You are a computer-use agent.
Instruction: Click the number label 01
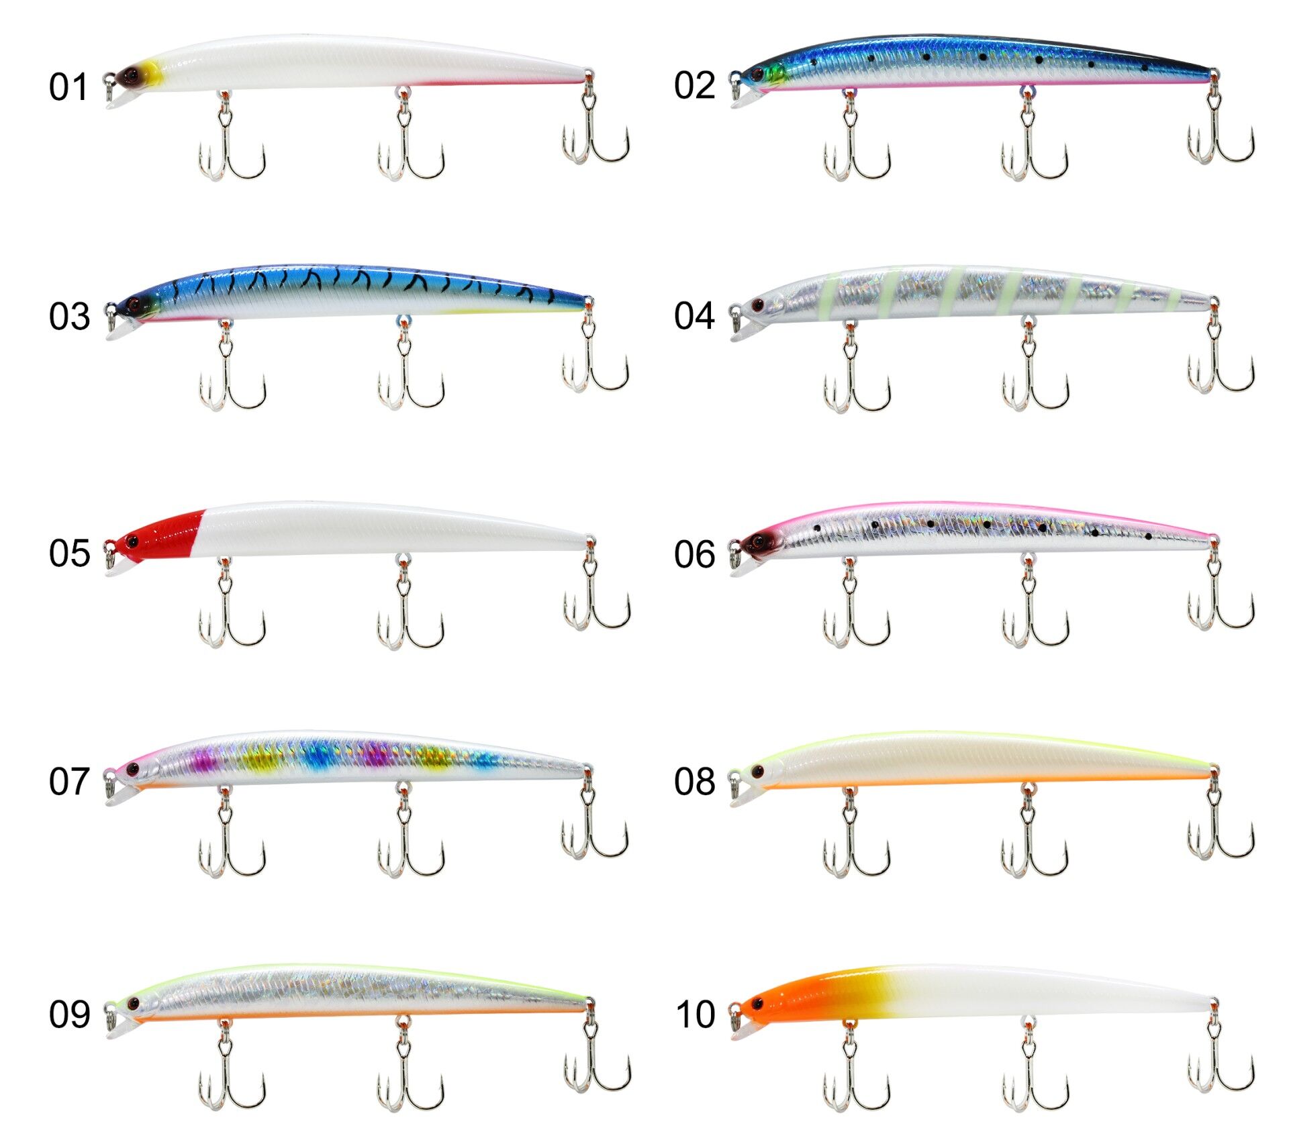tap(68, 87)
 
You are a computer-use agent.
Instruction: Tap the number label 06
tap(694, 554)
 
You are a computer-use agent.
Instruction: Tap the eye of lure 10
tap(758, 1004)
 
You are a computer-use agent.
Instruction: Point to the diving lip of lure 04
tap(744, 330)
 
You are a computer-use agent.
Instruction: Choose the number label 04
tap(694, 315)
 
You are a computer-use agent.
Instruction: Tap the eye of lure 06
tap(759, 540)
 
